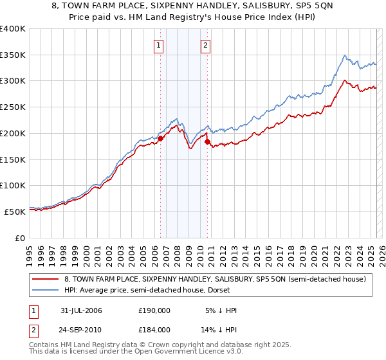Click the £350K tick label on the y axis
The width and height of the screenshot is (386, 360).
pos(13,55)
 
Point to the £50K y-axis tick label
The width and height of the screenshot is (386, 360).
pos(15,212)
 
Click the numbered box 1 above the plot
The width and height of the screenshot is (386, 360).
pos(158,45)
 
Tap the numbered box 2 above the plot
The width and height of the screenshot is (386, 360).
pos(205,45)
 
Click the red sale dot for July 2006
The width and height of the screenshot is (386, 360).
pos(160,138)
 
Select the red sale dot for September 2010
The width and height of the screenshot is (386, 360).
pos(208,141)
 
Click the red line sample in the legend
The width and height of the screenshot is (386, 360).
pos(45,279)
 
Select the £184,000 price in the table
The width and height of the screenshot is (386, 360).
pos(154,329)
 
